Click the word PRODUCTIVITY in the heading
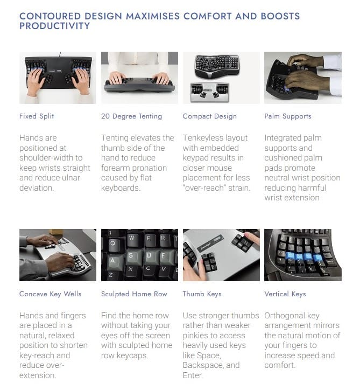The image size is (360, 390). (54, 26)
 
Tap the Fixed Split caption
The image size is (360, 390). (37, 116)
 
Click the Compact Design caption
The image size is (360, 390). (209, 116)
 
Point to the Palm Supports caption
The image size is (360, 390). (288, 116)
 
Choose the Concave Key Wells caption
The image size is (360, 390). (51, 294)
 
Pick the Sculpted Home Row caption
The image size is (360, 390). (134, 294)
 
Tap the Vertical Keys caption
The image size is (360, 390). (285, 294)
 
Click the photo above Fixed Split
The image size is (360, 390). (58, 78)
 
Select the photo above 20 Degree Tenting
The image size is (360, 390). (139, 78)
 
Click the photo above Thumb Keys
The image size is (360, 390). (221, 255)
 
